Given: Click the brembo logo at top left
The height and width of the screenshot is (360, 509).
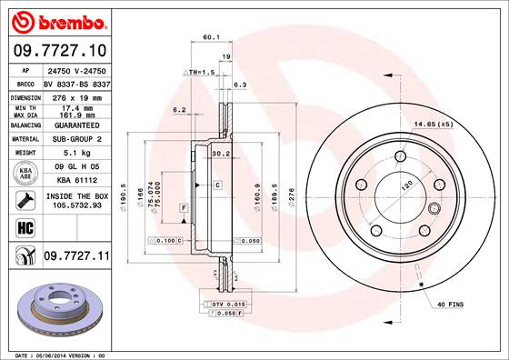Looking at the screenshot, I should [56, 20].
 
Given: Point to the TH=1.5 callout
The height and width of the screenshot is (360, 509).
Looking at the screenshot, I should [199, 71].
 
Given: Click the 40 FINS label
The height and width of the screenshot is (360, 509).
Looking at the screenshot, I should [450, 303].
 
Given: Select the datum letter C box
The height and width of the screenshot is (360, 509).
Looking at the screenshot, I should [219, 185].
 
